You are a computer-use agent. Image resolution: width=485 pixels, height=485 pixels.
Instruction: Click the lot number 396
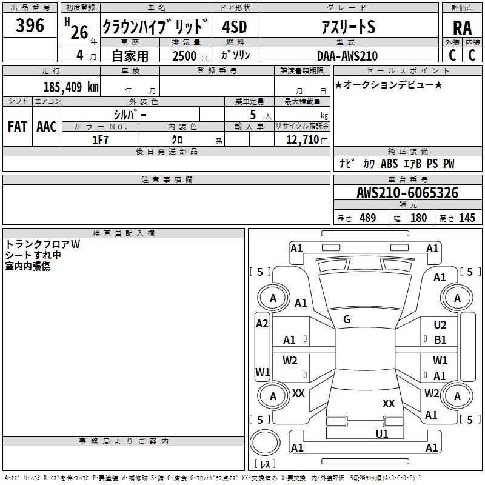pyautogui.click(x=30, y=25)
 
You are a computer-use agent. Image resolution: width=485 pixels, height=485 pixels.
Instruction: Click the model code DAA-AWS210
pyautogui.click(x=347, y=56)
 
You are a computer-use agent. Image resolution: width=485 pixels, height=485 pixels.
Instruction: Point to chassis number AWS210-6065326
pyautogui.click(x=407, y=193)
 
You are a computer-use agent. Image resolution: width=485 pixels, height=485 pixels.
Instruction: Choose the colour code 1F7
pyautogui.click(x=100, y=139)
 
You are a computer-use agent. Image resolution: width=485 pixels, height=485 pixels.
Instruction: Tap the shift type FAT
pyautogui.click(x=17, y=126)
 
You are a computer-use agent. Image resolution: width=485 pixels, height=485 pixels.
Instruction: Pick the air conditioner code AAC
pyautogui.click(x=47, y=126)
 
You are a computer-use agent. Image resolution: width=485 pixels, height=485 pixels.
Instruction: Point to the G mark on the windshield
pyautogui.click(x=347, y=319)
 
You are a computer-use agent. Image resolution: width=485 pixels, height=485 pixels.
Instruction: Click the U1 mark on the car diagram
pyautogui.click(x=382, y=433)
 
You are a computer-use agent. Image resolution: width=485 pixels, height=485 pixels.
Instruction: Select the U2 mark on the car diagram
pyautogui.click(x=440, y=325)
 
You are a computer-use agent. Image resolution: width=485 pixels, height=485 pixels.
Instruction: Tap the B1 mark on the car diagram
pyautogui.click(x=440, y=340)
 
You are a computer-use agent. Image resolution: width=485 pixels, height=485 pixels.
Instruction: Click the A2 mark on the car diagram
pyautogui.click(x=262, y=324)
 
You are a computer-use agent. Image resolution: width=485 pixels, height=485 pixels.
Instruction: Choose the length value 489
pyautogui.click(x=367, y=218)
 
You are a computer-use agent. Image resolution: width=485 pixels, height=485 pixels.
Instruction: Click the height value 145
pyautogui.click(x=467, y=218)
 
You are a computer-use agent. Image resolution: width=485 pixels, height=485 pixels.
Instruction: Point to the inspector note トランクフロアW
pyautogui.click(x=42, y=244)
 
